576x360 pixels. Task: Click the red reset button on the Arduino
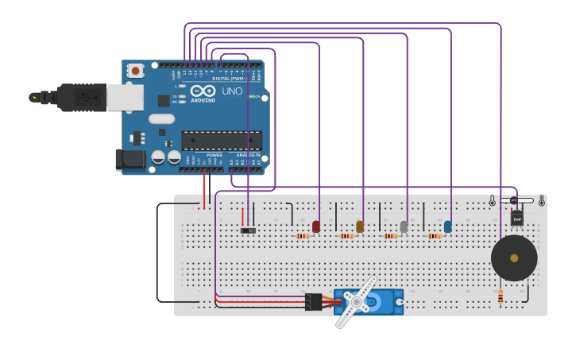point(135,71)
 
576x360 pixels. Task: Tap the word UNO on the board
point(232,91)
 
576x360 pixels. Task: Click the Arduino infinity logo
point(202,91)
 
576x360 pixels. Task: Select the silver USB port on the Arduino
point(125,97)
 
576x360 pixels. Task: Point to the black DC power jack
point(130,160)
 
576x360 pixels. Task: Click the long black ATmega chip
point(222,141)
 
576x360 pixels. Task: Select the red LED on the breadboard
point(316,226)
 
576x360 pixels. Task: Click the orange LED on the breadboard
point(360,226)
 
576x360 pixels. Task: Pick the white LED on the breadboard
point(404,226)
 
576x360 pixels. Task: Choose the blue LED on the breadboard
point(448,226)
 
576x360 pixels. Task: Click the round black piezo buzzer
point(514,257)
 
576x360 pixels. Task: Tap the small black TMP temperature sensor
point(517,218)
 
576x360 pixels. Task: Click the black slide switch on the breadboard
point(249,230)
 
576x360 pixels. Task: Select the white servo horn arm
point(355,303)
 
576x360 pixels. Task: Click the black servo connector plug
point(313,301)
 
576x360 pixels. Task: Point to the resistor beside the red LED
point(302,236)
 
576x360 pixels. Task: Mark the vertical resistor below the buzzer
point(500,297)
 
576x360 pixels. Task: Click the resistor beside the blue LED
point(434,236)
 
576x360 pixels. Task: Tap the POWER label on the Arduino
point(215,155)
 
